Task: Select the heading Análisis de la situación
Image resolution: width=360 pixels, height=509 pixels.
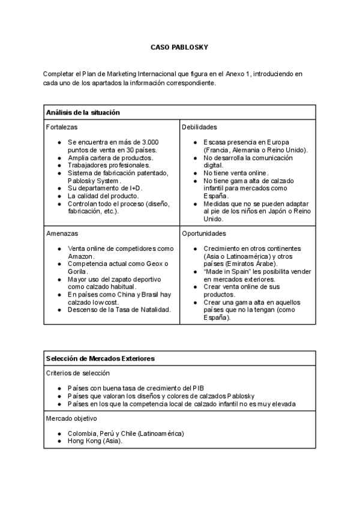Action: click(x=83, y=112)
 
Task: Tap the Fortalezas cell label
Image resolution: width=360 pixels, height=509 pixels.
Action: click(x=62, y=127)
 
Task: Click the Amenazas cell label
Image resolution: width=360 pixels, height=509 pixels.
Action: click(x=62, y=233)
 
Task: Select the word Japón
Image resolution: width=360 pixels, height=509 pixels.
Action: click(x=280, y=212)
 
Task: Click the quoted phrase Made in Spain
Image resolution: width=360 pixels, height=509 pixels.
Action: click(x=226, y=272)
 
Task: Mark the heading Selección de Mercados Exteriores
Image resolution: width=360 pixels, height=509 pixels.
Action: click(x=100, y=358)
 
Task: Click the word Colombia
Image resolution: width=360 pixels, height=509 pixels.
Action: click(x=83, y=433)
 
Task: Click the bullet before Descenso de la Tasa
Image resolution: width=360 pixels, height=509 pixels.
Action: click(x=59, y=310)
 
